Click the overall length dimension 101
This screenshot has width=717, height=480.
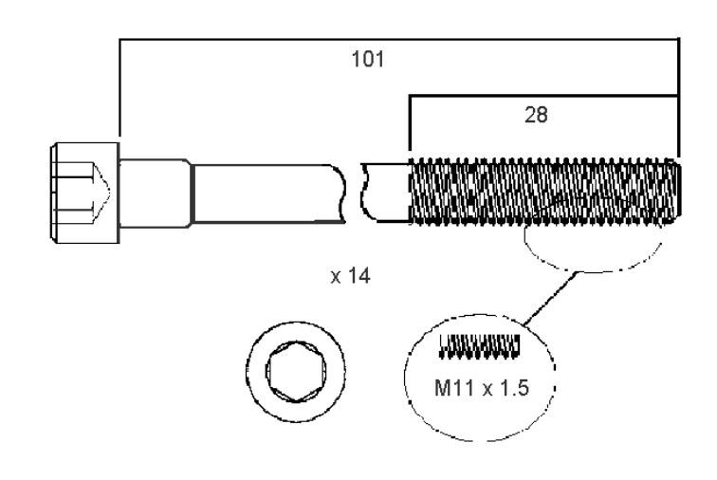(368, 59)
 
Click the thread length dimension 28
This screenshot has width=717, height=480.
(536, 115)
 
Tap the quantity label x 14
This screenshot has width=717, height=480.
(350, 275)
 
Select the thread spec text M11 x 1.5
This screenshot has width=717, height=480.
(481, 388)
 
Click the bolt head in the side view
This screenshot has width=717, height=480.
(84, 193)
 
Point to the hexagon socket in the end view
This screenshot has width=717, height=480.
(296, 371)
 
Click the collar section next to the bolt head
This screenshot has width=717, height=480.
(156, 194)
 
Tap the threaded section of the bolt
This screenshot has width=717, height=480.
(544, 192)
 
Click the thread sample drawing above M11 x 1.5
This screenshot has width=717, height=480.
(480, 346)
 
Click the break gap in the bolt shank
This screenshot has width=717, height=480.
(353, 193)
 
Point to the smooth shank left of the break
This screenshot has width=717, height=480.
(268, 194)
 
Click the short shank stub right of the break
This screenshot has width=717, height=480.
(385, 193)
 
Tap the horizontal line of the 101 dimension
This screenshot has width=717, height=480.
(399, 40)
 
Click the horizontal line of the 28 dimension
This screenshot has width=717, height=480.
(544, 96)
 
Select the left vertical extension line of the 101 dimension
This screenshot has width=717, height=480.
(119, 88)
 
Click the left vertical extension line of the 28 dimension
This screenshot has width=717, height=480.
(410, 122)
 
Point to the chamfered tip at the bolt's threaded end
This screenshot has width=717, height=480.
(676, 192)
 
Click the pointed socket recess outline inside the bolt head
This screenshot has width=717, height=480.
(101, 193)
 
